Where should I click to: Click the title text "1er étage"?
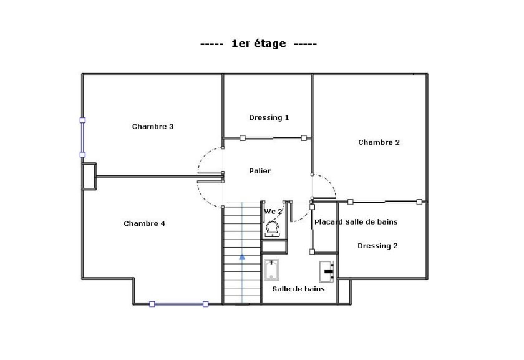click(258, 44)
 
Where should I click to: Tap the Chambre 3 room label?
click(153, 127)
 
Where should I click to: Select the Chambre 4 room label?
click(145, 224)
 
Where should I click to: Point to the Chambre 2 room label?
click(379, 142)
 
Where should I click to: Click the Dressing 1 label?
click(269, 117)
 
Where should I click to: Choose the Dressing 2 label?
click(377, 246)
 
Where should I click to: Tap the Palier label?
click(260, 171)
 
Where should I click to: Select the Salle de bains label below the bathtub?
click(298, 289)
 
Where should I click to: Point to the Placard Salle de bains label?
click(356, 222)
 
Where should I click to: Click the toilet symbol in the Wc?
click(273, 230)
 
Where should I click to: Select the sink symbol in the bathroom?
click(328, 271)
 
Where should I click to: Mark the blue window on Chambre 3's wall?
click(82, 137)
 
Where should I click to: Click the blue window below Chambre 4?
click(178, 304)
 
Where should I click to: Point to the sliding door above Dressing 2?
click(384, 202)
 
